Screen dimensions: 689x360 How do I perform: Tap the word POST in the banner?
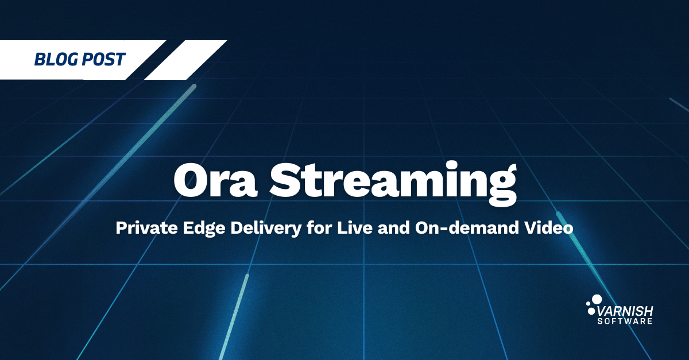103,59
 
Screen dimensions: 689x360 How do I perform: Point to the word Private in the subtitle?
147,228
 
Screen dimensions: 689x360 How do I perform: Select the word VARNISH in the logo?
625,312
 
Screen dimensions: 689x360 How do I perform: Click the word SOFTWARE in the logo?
625,321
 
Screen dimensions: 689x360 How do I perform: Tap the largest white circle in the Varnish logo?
597,299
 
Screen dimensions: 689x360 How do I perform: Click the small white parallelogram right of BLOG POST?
186,60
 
